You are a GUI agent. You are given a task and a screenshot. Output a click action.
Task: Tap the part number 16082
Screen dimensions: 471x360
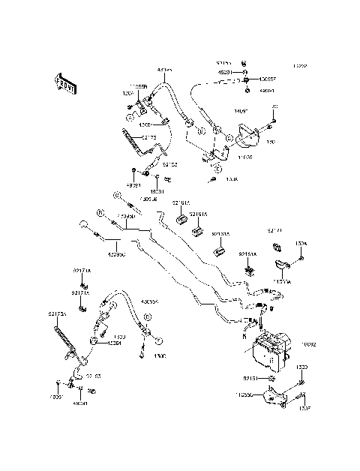[309, 344]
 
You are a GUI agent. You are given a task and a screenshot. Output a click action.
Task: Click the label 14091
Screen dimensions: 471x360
[220, 111]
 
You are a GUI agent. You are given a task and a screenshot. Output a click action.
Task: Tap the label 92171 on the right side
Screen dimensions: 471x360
[275, 230]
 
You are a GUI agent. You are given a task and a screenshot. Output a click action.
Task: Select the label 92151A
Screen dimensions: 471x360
[247, 255]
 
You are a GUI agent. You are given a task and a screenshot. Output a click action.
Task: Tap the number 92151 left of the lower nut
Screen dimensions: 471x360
[250, 379]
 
